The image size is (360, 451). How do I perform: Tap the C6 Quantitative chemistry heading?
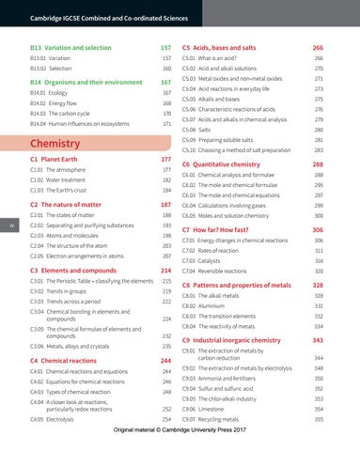tap(226, 163)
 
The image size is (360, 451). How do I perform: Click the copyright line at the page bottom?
tap(180, 439)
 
